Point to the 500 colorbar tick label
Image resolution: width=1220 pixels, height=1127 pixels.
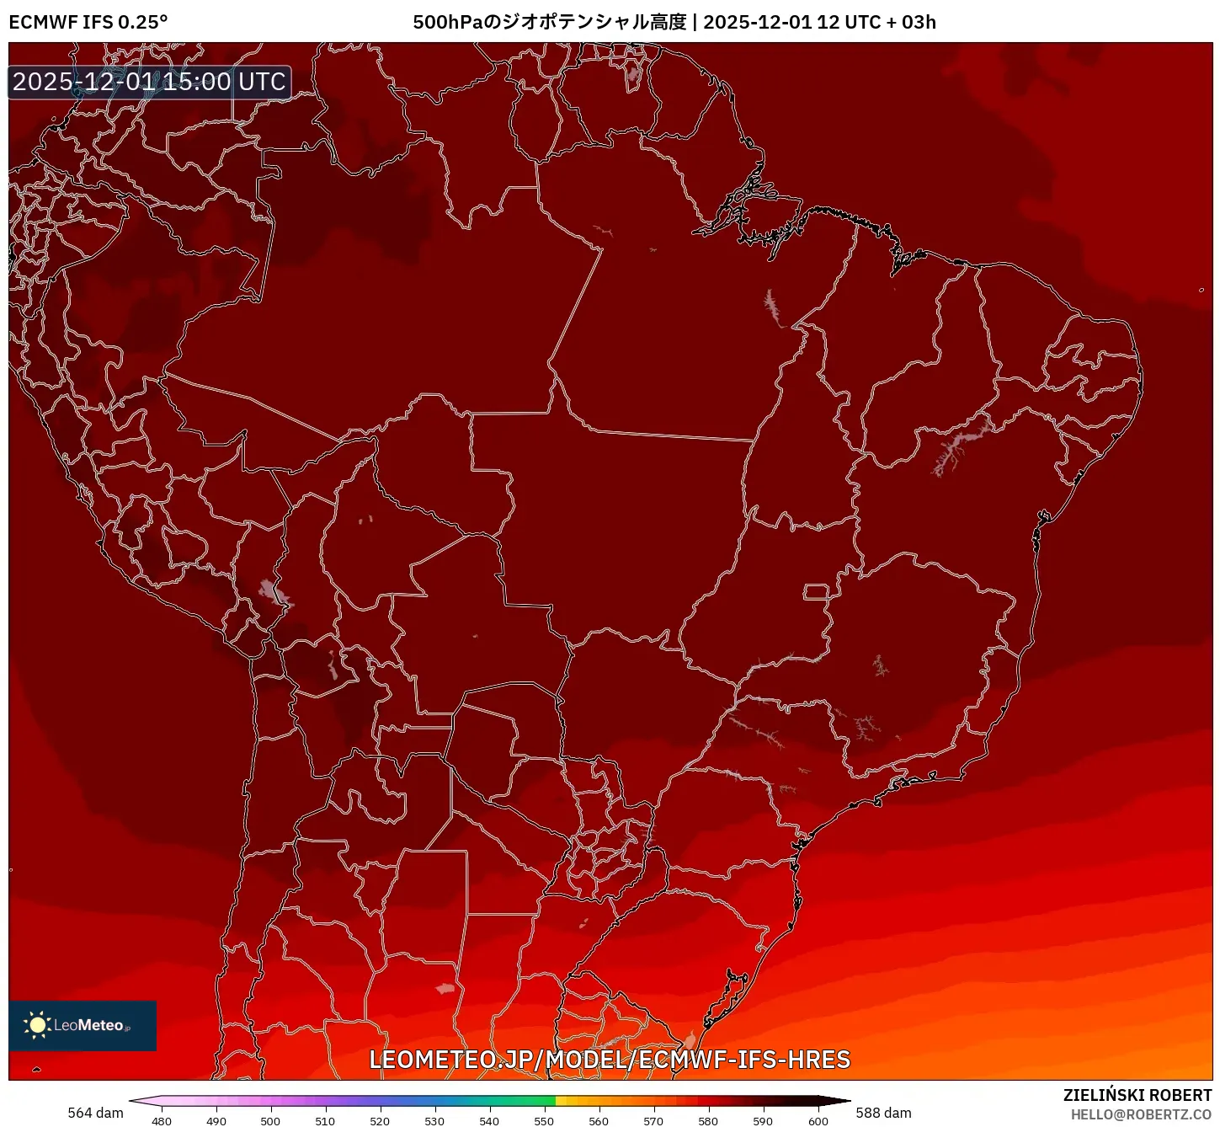tap(270, 1121)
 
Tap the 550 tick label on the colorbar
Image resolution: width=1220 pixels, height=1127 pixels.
tap(544, 1121)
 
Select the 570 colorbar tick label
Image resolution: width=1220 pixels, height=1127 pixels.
tap(653, 1121)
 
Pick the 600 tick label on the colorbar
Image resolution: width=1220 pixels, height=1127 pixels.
tap(818, 1121)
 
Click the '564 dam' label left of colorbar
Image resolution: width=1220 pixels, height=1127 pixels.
tap(95, 1113)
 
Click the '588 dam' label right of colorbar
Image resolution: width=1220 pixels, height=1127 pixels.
tap(883, 1113)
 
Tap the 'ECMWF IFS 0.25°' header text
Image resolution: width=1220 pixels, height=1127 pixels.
tap(88, 22)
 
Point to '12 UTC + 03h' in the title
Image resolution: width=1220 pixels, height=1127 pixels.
tap(876, 22)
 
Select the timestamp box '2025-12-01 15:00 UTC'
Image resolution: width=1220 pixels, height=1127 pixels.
tap(150, 82)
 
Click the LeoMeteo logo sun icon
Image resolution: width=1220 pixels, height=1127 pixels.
tap(38, 1025)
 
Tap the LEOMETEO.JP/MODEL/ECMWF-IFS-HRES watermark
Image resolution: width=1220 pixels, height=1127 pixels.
tap(610, 1060)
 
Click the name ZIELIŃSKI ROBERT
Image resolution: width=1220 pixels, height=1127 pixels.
tap(1137, 1095)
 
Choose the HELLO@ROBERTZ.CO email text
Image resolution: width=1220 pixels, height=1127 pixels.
tap(1141, 1114)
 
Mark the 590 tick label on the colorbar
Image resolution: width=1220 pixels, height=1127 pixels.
tap(763, 1121)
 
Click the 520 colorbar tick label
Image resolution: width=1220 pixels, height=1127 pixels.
tap(380, 1121)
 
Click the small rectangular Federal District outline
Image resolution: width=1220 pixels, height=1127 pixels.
tap(816, 591)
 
